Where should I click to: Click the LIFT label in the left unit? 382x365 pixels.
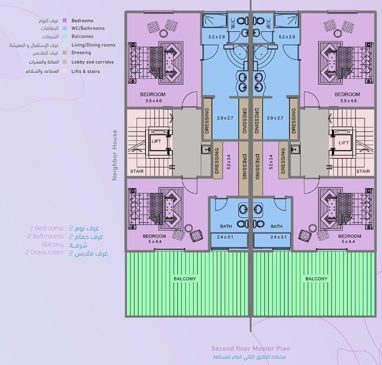click(156, 141)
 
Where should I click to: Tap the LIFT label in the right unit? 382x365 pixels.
click(343, 143)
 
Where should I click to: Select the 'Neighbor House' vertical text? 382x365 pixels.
click(114, 155)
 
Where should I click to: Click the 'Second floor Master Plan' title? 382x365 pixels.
click(251, 348)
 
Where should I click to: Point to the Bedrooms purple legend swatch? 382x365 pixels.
click(65, 20)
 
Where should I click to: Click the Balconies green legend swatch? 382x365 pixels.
click(65, 36)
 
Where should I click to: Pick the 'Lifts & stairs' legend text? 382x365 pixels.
click(86, 71)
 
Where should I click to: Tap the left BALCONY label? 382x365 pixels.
click(185, 279)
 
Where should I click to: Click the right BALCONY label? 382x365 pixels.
click(316, 279)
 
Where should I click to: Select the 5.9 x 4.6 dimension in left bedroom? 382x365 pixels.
click(153, 101)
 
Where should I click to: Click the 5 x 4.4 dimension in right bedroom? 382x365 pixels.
click(348, 241)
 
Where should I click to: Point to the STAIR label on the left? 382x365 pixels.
click(137, 171)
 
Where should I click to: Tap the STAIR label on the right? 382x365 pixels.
click(363, 171)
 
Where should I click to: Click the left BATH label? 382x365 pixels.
click(226, 227)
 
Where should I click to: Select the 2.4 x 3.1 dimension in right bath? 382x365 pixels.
click(279, 237)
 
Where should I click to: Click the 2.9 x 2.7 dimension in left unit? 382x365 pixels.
click(225, 118)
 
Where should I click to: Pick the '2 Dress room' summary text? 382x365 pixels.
click(44, 252)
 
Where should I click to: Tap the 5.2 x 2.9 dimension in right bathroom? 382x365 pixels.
click(287, 37)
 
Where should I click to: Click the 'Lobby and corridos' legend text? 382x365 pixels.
click(92, 62)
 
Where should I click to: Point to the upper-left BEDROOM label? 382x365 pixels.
click(153, 94)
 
